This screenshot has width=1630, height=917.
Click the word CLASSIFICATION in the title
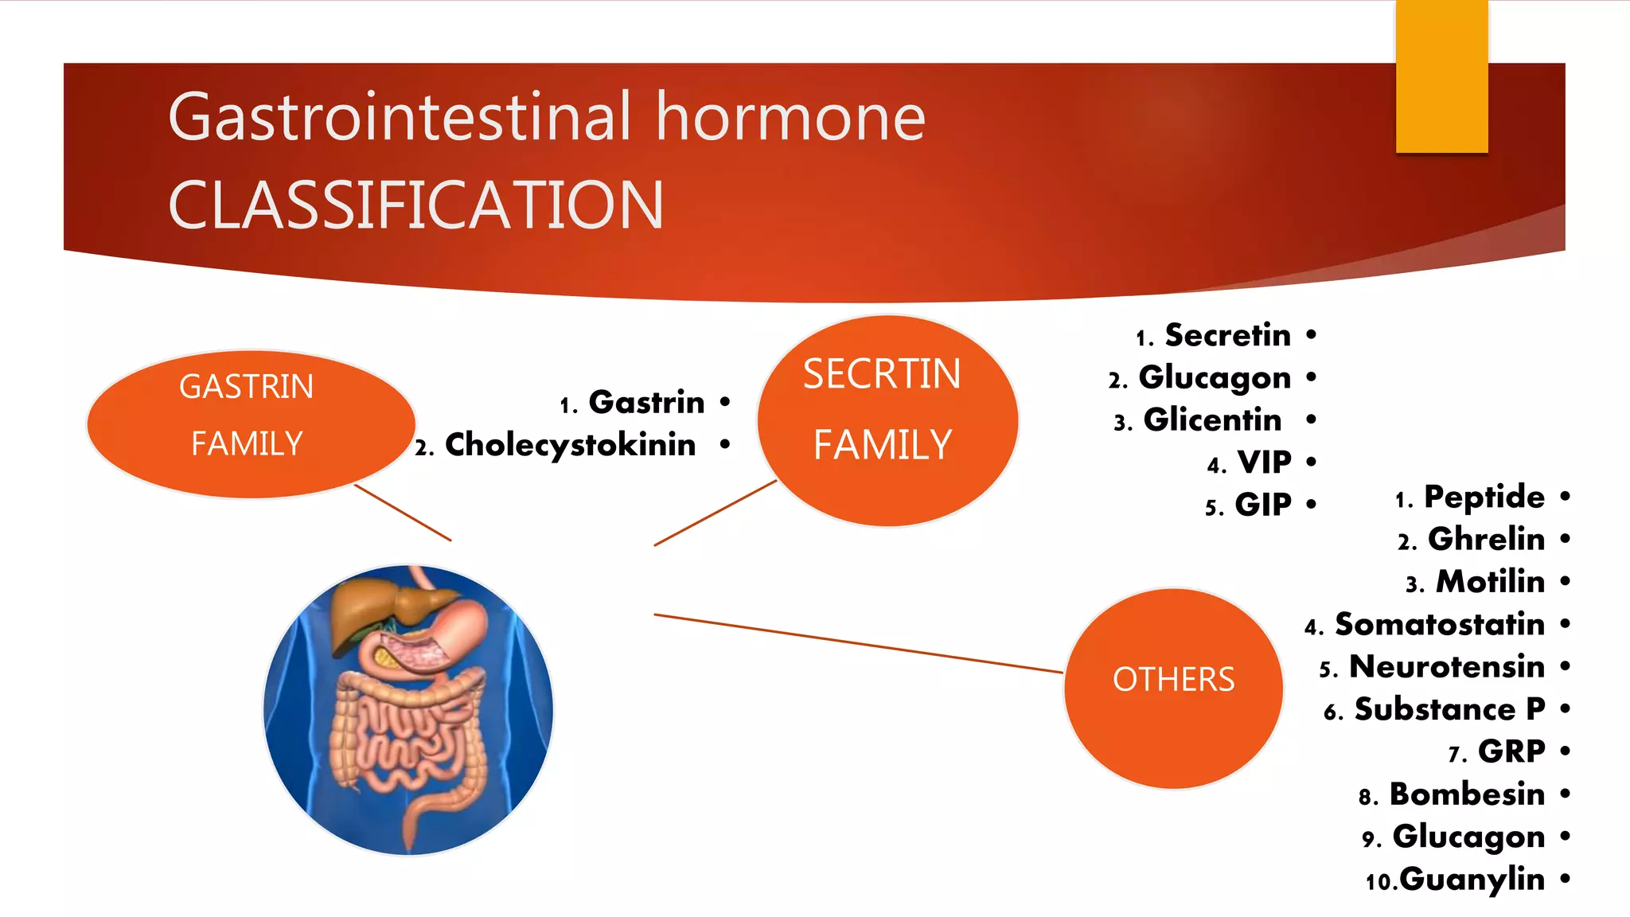(x=415, y=205)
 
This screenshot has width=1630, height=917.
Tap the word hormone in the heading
(x=790, y=117)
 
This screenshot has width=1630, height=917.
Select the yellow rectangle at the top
(x=1441, y=76)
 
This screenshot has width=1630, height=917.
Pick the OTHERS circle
(x=1172, y=688)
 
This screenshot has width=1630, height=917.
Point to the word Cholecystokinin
(x=570, y=445)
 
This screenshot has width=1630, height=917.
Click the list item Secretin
(x=1227, y=335)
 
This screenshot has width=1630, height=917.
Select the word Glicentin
(x=1212, y=419)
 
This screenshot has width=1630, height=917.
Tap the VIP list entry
(x=1264, y=462)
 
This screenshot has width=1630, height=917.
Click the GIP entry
(x=1262, y=505)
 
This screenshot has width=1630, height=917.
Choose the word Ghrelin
(x=1486, y=540)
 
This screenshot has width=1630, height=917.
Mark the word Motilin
(x=1490, y=582)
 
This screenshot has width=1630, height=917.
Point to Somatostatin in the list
(x=1439, y=625)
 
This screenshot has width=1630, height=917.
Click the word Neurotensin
(x=1446, y=667)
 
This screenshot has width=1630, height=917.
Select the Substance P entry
(x=1449, y=709)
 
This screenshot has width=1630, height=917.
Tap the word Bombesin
(x=1467, y=794)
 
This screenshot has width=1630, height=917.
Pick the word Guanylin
(x=1472, y=880)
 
